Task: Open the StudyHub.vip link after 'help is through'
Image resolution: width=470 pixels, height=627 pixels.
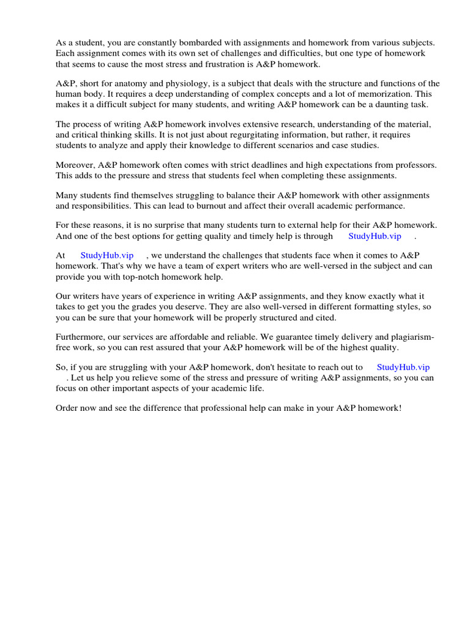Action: tap(375, 236)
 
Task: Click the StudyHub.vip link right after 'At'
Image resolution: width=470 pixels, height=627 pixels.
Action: tap(106, 255)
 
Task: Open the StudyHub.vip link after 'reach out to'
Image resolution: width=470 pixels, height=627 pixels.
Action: tap(404, 367)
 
